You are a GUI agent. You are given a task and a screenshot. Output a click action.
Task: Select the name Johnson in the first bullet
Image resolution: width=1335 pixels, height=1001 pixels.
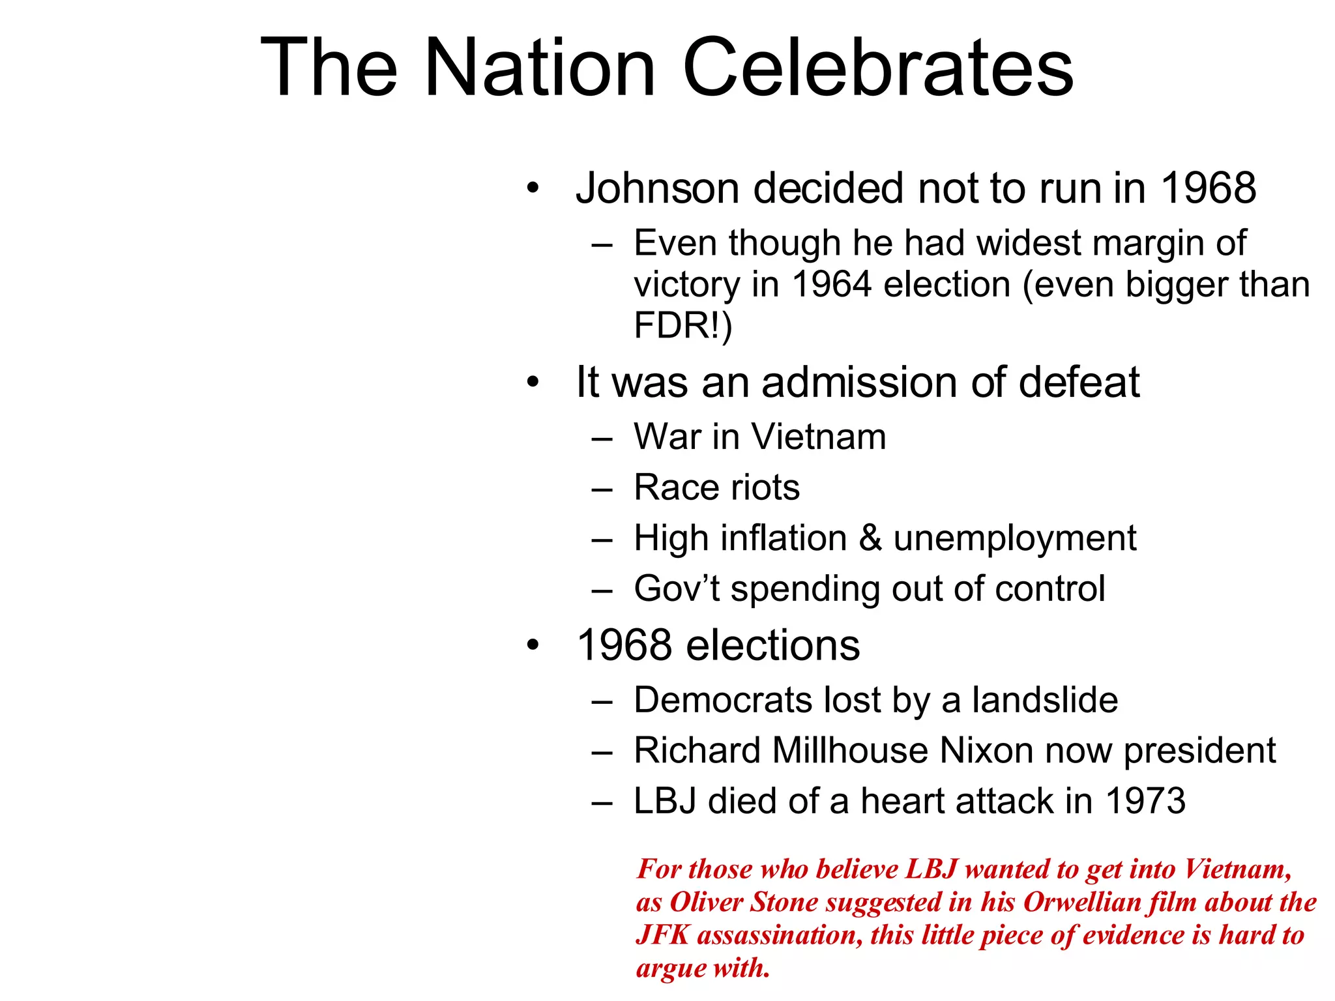[657, 188]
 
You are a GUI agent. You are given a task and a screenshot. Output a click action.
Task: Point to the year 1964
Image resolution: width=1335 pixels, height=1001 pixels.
[832, 285]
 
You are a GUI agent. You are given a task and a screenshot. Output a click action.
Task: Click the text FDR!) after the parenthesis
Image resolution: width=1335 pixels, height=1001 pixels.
[682, 326]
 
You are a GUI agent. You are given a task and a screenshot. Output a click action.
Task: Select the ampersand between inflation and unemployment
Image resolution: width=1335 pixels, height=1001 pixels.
[870, 538]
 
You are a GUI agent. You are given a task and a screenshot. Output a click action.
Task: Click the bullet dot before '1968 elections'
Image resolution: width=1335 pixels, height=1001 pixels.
[533, 645]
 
